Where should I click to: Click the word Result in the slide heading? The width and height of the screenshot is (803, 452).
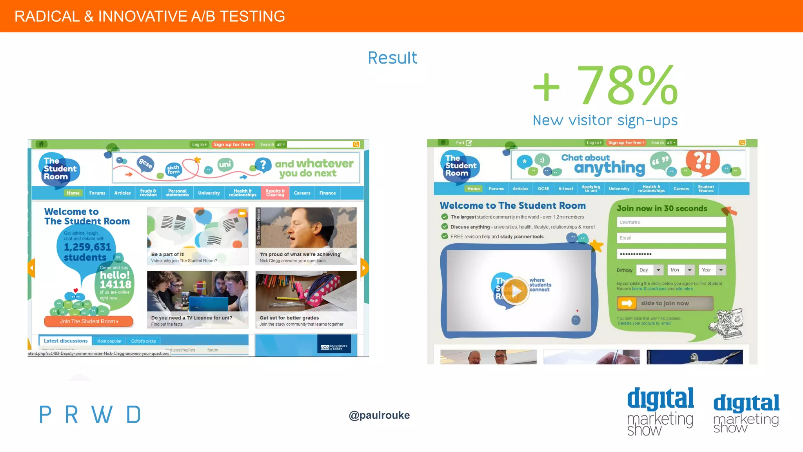click(x=392, y=58)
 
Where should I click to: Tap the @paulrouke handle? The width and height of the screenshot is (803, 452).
click(x=379, y=415)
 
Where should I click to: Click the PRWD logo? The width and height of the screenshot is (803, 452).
click(x=90, y=415)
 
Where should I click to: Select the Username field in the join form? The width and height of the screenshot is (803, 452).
click(x=671, y=222)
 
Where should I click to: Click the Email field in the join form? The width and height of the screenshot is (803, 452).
click(x=671, y=238)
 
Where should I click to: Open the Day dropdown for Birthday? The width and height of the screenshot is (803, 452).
click(x=650, y=270)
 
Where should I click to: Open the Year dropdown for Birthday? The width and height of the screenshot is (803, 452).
click(x=712, y=270)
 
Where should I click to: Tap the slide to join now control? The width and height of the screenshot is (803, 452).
click(x=665, y=303)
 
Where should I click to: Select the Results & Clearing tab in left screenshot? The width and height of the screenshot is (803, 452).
click(x=275, y=193)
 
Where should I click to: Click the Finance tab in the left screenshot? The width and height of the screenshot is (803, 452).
click(x=327, y=193)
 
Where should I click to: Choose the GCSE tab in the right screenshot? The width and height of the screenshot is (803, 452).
click(x=543, y=189)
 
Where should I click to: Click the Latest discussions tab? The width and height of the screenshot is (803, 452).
click(x=65, y=341)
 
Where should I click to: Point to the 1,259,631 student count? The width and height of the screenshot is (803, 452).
click(x=87, y=247)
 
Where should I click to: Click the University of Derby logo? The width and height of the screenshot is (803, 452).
click(x=334, y=347)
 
